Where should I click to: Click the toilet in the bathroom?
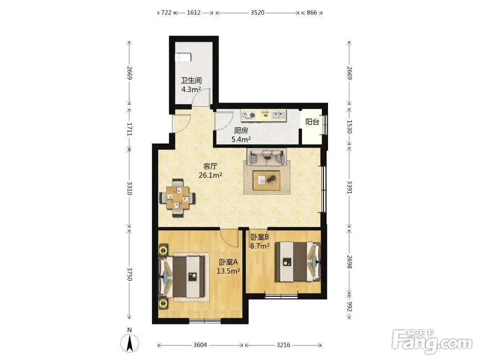point(183,57)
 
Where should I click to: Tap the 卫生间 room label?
point(191,80)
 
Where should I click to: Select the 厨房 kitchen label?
point(241,130)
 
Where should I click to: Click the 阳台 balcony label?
point(312,122)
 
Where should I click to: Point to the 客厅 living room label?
point(210,166)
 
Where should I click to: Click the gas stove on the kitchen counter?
point(248,115)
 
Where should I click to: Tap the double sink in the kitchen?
point(279,115)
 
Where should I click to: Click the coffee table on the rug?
point(266,180)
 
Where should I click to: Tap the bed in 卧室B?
point(297,262)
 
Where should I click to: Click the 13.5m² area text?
point(228,271)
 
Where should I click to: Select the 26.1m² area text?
point(210,175)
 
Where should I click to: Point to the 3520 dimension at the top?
point(257,12)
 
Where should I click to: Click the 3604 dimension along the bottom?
point(200,345)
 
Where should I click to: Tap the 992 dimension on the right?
point(350,306)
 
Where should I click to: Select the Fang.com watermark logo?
point(432,340)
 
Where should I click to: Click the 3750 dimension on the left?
point(129,274)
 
